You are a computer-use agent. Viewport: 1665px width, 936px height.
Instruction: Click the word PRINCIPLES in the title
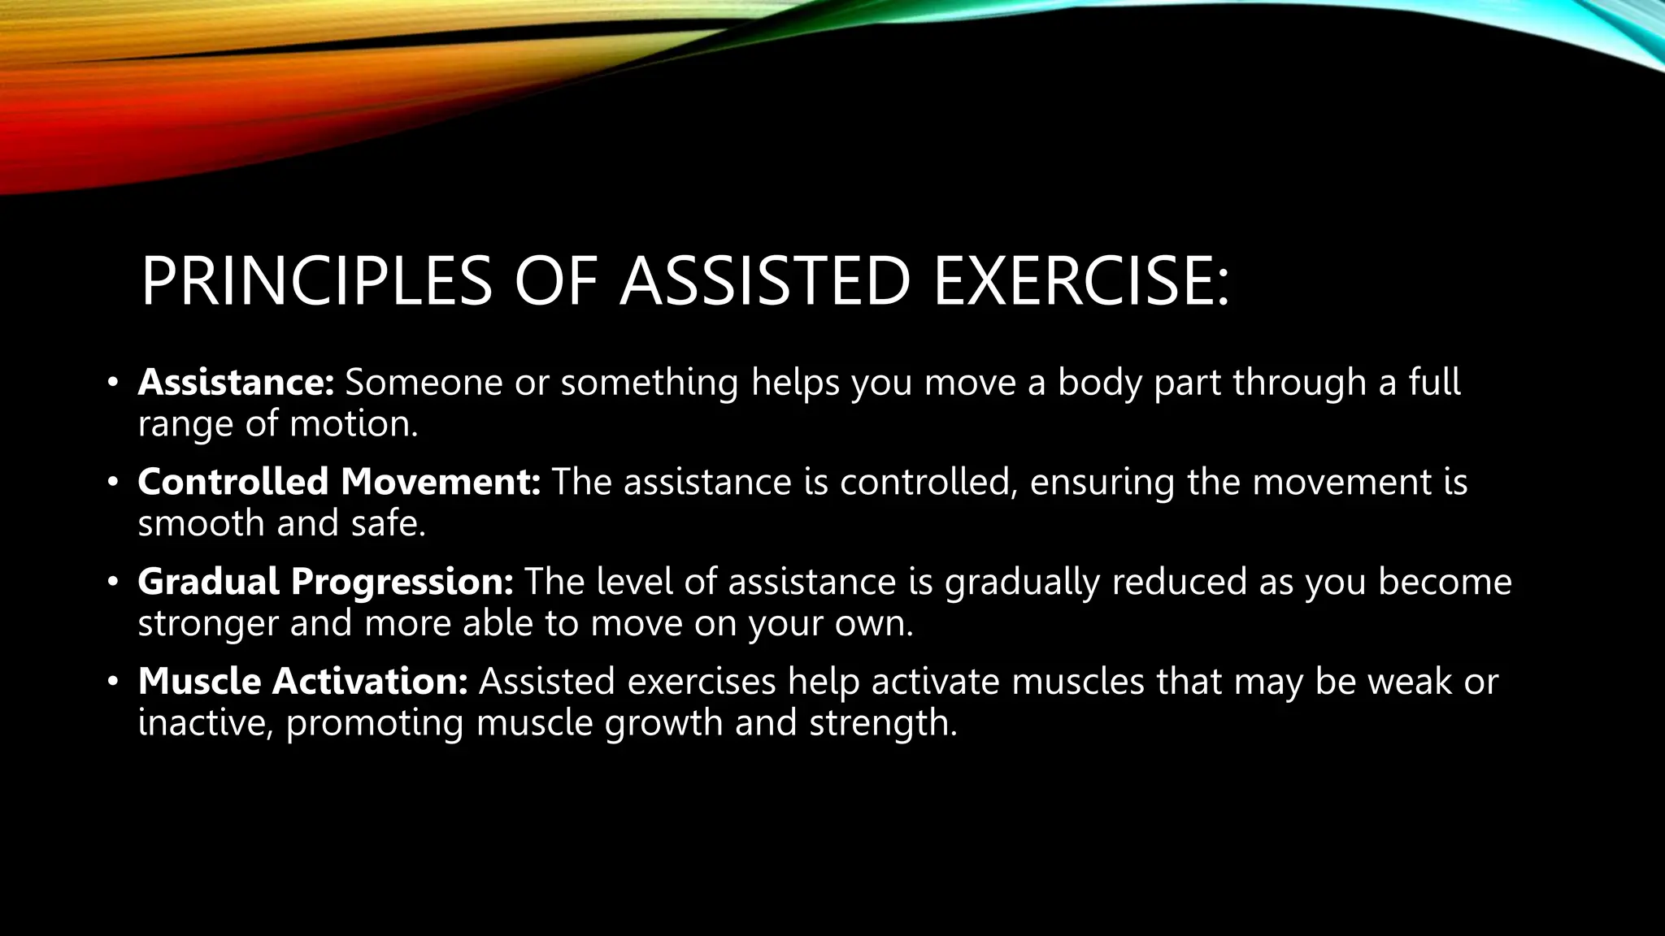tap(316, 281)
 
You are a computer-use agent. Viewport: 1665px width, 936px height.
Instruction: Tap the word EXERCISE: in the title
tap(1081, 281)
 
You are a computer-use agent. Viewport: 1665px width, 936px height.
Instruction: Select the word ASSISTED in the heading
tap(764, 281)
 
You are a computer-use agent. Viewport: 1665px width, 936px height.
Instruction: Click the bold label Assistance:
tap(236, 383)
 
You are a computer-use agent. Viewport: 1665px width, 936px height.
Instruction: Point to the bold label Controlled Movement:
tap(339, 482)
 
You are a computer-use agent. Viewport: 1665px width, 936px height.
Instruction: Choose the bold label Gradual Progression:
tap(325, 582)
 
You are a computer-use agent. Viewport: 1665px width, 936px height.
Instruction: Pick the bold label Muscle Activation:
tap(302, 681)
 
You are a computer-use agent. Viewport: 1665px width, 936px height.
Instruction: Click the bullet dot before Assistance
tap(113, 383)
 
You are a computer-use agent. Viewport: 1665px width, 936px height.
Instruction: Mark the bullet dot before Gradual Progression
tap(113, 582)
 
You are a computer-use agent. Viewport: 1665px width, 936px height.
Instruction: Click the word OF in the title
tap(556, 281)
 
